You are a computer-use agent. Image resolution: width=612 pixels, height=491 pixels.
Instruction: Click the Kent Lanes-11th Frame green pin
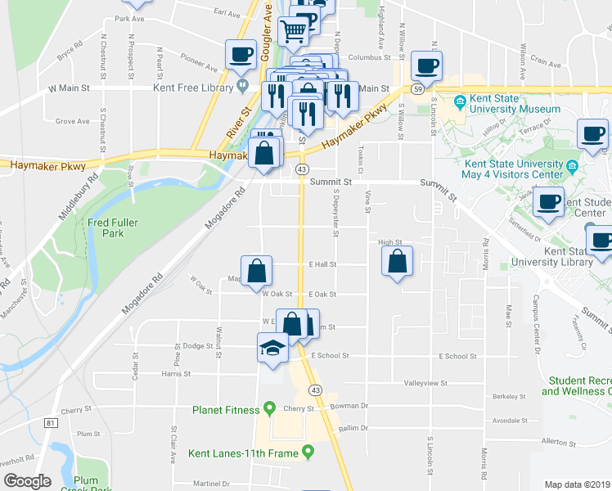tap(308, 451)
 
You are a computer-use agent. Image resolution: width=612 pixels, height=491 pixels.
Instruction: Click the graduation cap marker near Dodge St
tap(272, 348)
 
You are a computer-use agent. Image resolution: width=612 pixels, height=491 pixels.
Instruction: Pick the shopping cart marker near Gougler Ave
tap(293, 31)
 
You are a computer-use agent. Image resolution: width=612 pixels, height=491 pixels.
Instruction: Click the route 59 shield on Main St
tap(418, 88)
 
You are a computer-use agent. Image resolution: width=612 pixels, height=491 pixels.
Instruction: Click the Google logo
tap(27, 481)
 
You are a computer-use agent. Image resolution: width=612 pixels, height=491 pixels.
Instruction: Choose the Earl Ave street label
tap(226, 13)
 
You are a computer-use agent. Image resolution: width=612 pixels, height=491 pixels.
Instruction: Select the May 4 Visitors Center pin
tap(572, 167)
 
